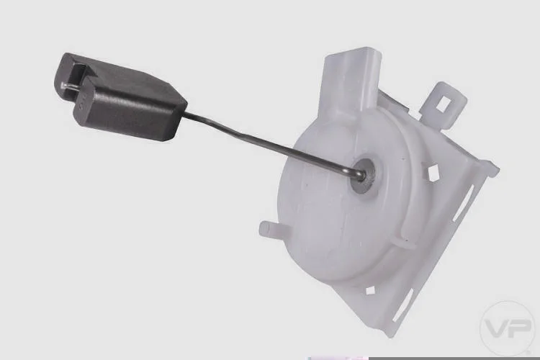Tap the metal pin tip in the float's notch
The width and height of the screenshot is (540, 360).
pos(63,86)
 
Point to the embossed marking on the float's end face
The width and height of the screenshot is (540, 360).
pos(81,104)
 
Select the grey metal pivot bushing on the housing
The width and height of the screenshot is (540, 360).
pos(364,176)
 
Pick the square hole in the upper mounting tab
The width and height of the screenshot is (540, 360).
pos(443,104)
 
